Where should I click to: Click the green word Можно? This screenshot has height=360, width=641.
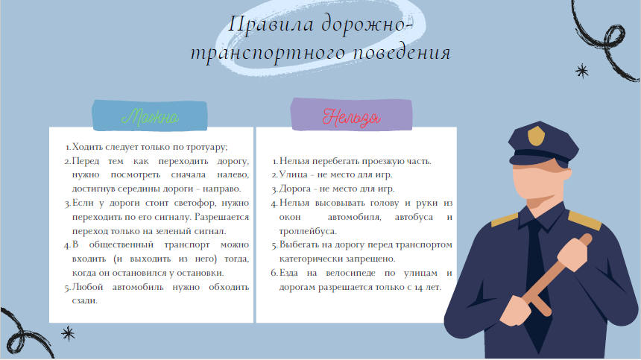150,117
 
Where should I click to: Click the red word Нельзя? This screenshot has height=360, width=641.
352,118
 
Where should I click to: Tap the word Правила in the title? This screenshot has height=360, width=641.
271,24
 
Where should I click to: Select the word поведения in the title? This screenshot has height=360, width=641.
402,53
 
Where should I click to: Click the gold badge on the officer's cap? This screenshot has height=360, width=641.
536,136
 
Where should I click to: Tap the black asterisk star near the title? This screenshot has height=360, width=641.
581,72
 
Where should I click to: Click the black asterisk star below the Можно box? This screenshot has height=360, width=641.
68,333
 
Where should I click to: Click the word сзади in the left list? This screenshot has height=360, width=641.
85,301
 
